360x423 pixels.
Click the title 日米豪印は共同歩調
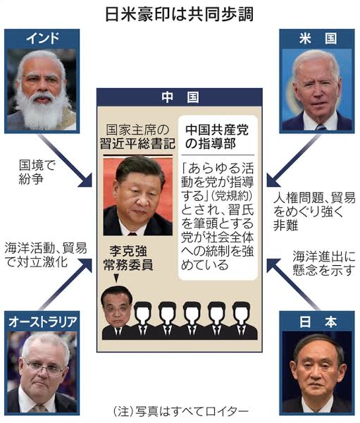[180, 15]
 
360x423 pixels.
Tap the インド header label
[42, 38]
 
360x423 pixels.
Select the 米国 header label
[318, 39]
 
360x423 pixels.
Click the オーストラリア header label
[42, 322]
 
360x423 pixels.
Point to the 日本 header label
[318, 322]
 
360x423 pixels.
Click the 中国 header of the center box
[180, 97]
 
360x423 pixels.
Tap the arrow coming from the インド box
[66, 160]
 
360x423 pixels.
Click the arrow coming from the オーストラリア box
[66, 284]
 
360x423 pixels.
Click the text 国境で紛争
[37, 172]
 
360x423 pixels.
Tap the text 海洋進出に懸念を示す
[324, 263]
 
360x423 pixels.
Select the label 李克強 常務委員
[128, 258]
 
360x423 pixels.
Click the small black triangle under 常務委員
[116, 278]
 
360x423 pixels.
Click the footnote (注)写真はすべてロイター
[180, 412]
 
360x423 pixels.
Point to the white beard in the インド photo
[42, 109]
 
